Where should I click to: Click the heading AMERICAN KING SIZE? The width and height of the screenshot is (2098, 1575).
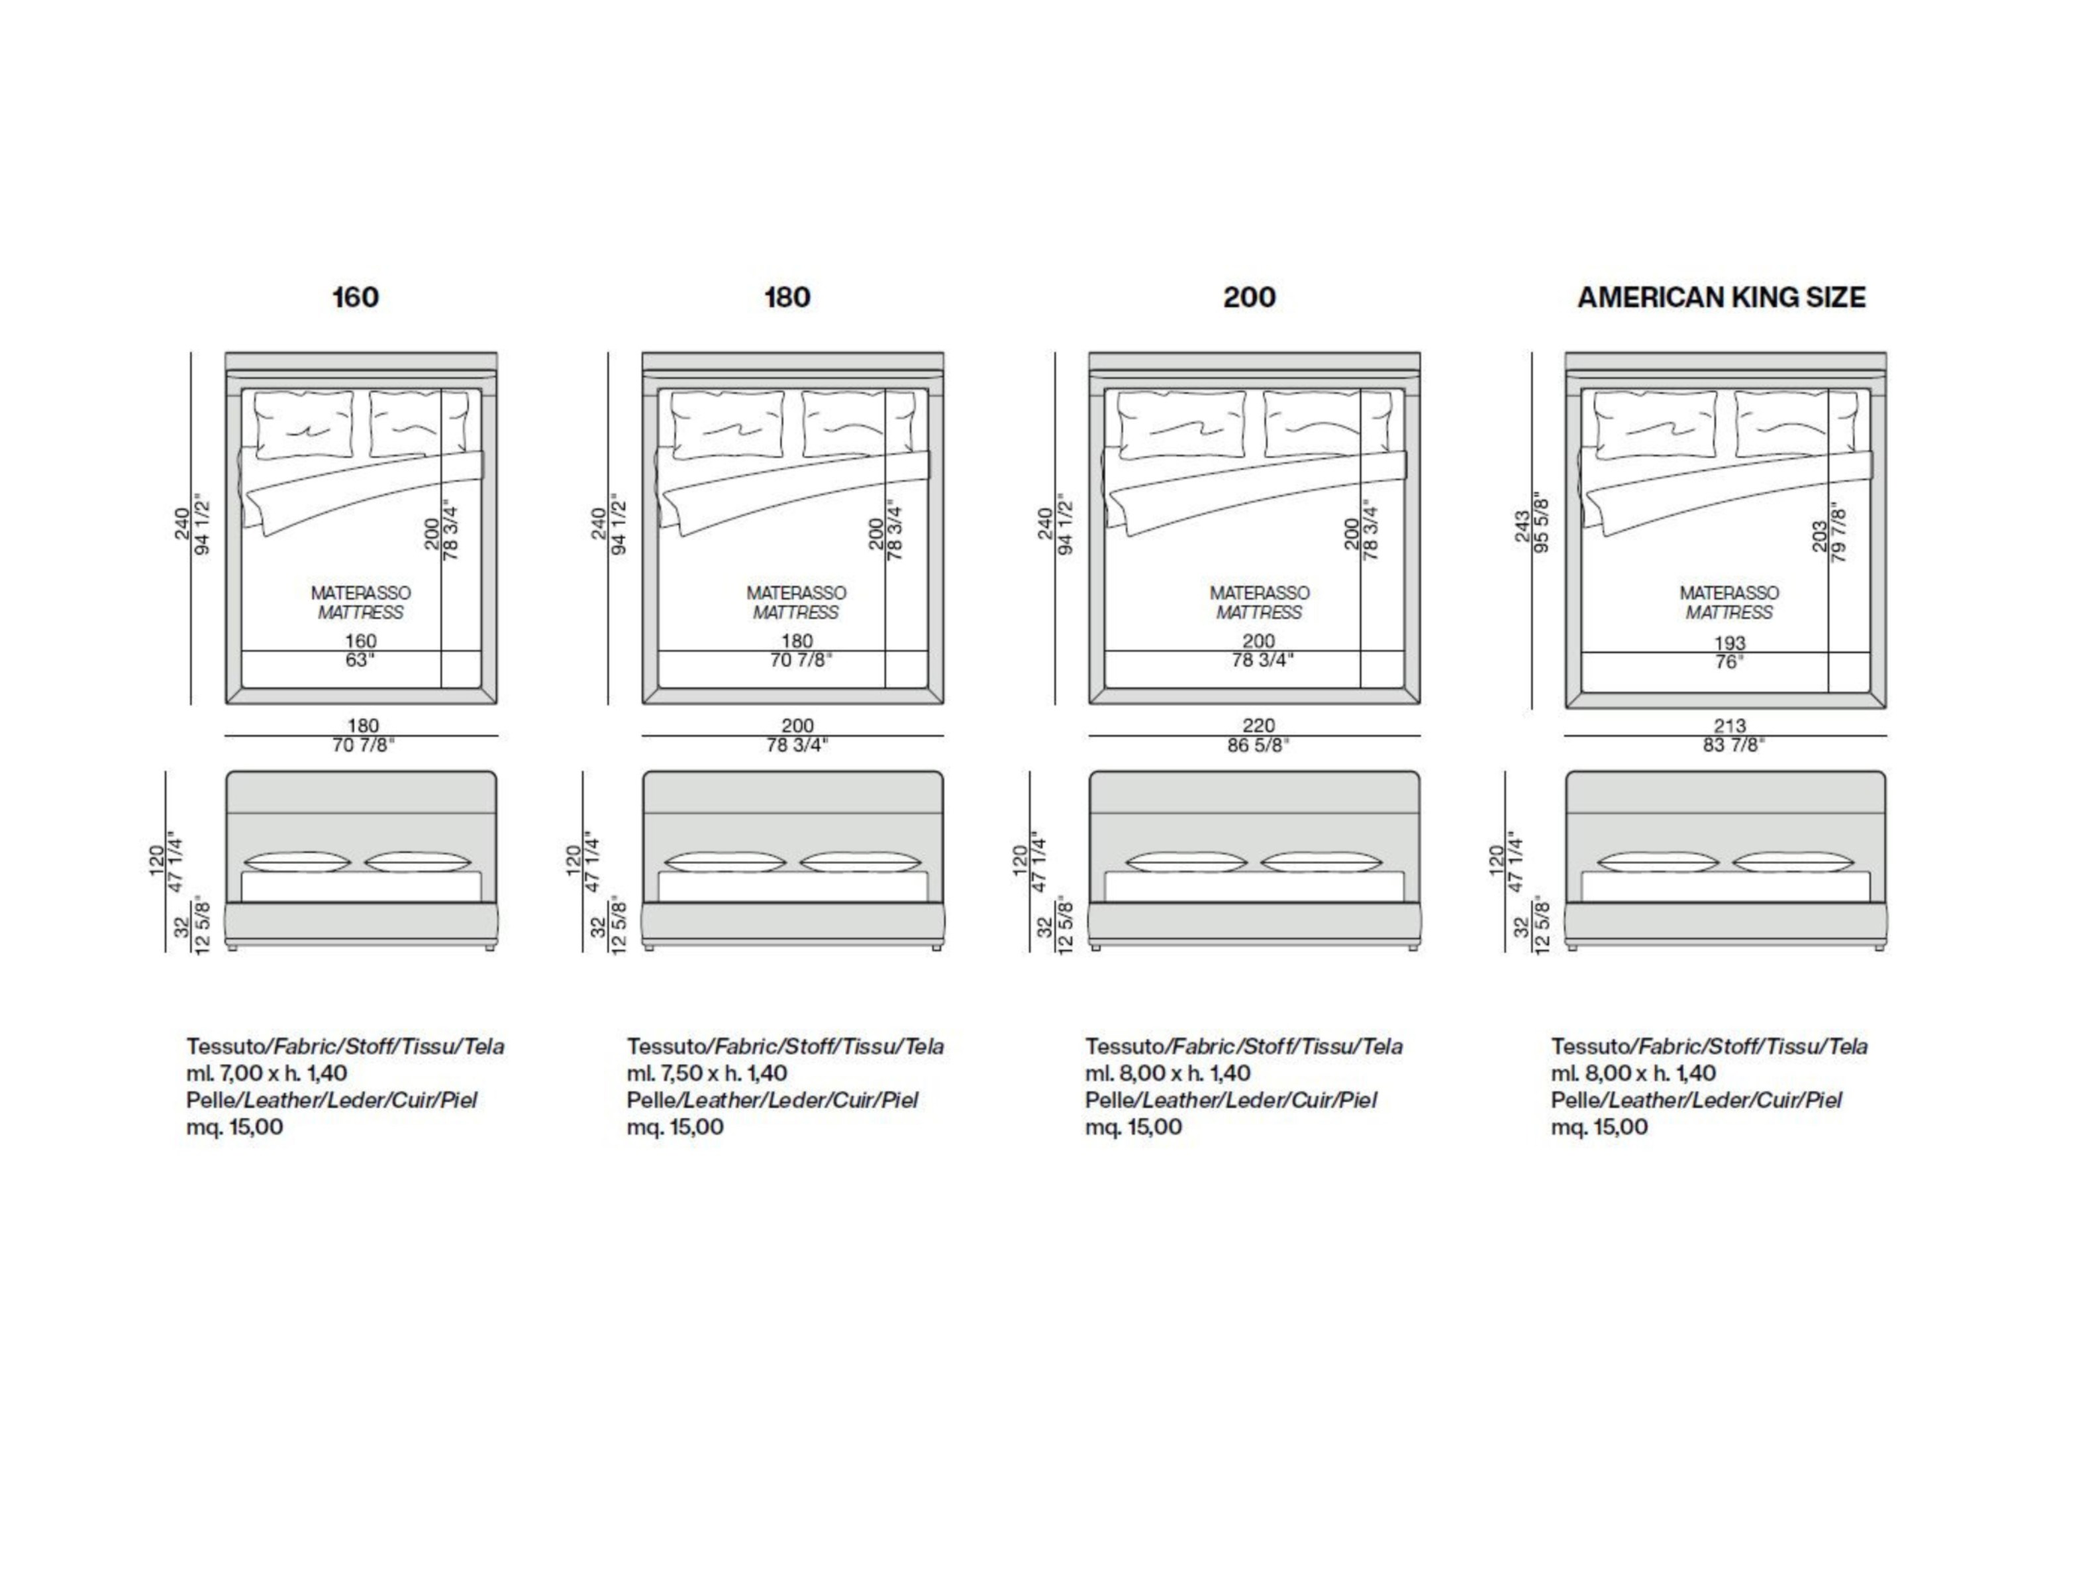pos(1721,297)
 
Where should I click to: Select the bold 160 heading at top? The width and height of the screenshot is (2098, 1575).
pos(355,297)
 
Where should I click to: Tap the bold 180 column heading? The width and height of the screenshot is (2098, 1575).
pos(787,297)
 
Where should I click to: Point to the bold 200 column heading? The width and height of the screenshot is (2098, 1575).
pos(1249,297)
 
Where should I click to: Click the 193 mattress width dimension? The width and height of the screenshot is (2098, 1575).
pos(1730,642)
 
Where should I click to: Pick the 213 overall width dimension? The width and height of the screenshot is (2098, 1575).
pos(1730,726)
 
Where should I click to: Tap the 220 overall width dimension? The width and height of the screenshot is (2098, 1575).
pos(1259,726)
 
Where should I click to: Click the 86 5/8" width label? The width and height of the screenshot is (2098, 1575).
pos(1259,745)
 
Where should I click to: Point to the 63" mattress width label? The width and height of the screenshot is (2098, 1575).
pos(360,659)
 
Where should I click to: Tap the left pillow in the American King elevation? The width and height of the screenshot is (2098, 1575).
pos(1657,863)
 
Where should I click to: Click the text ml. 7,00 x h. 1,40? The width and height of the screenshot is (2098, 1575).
pos(266,1073)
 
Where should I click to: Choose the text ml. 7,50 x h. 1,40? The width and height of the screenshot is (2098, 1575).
pos(707,1073)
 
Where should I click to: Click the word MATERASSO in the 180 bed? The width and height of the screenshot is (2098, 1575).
pos(796,592)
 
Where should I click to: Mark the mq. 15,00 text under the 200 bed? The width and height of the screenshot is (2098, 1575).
pos(1133,1127)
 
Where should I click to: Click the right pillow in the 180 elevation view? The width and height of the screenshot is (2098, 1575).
pos(860,863)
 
